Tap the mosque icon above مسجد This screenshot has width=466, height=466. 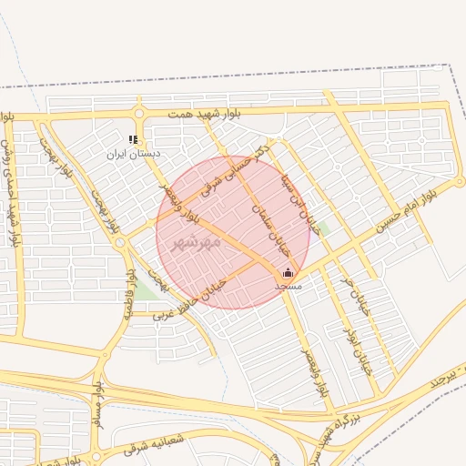(289, 272)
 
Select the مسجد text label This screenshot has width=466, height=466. (289, 286)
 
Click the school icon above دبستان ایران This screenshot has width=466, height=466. (133, 140)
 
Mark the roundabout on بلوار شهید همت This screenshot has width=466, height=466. (138, 114)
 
